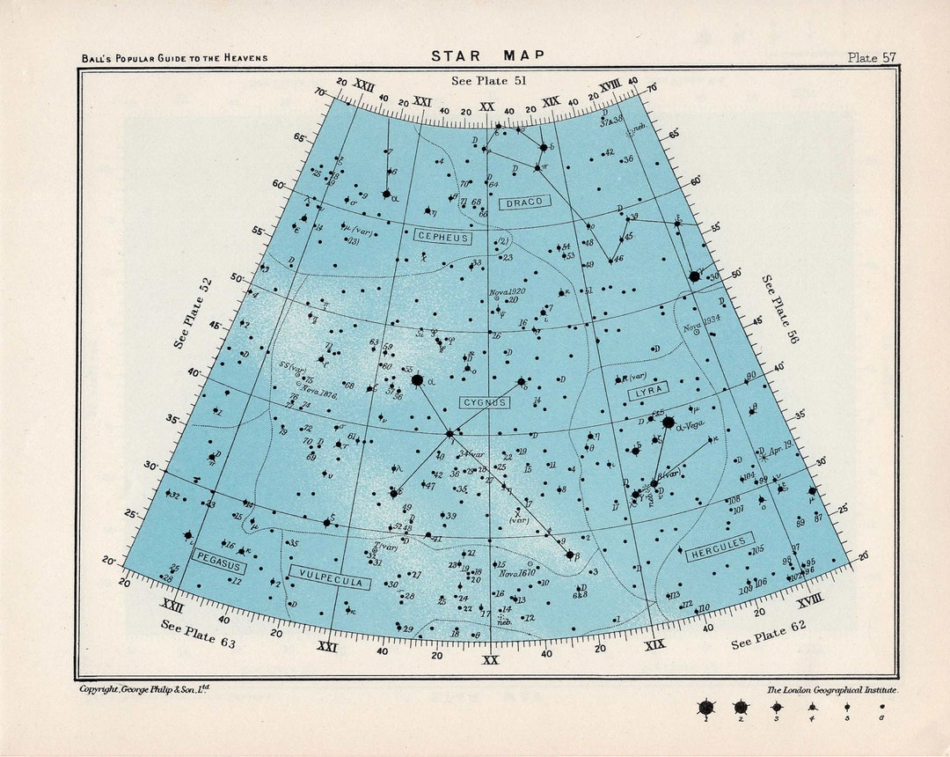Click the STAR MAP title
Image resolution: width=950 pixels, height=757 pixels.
coord(487,56)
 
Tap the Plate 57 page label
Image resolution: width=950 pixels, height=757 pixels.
coord(872,57)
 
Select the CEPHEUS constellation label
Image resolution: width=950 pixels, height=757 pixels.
coord(442,238)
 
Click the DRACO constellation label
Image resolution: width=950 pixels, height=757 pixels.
coord(525,202)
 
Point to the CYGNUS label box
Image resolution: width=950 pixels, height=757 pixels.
coord(484,402)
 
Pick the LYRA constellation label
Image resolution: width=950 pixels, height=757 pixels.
coord(648,390)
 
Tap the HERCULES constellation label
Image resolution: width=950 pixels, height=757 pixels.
coord(720,547)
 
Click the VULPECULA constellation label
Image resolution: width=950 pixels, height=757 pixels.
coord(331,577)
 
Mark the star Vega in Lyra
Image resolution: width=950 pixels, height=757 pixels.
coord(668,423)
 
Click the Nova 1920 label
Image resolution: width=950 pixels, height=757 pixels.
coord(508,291)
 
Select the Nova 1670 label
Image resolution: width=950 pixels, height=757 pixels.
coord(517,574)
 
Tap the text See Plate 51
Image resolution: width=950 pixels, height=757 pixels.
coord(488,81)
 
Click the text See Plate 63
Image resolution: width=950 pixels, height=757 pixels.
coord(199,633)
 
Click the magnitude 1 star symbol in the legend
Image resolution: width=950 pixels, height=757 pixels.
coord(705,707)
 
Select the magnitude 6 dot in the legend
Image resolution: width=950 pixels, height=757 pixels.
coord(882,706)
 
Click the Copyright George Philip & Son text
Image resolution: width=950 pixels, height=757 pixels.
coord(144,688)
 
